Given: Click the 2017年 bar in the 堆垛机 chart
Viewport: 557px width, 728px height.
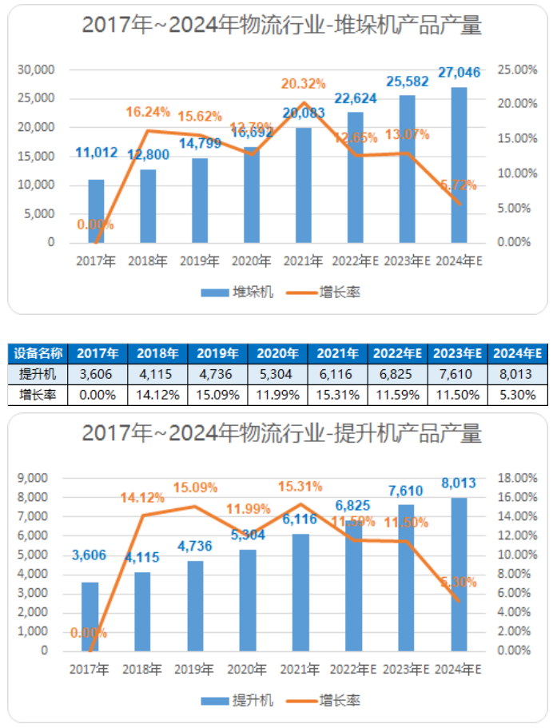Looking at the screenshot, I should point(96,211).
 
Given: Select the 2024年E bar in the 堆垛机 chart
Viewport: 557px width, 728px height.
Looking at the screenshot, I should point(459,165).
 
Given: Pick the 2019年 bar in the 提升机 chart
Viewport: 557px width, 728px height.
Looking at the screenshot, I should point(196,606).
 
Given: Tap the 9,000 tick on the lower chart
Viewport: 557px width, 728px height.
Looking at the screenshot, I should point(33,478).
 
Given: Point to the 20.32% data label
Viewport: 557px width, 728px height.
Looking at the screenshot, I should point(303,84).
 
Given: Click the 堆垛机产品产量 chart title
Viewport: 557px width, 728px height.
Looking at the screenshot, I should point(282,26).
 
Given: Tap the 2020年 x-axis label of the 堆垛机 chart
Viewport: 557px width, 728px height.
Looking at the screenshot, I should point(251,261).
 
